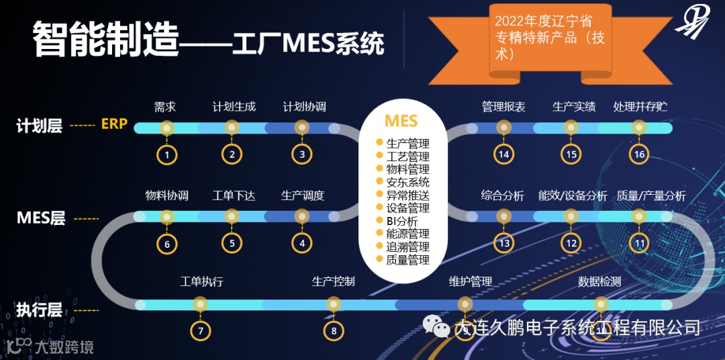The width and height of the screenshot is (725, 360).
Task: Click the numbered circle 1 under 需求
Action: click(x=166, y=155)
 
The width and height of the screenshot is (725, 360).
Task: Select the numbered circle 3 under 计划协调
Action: click(x=302, y=154)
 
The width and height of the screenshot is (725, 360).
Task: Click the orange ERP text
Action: click(x=114, y=124)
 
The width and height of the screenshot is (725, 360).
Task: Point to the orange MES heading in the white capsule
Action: click(x=401, y=121)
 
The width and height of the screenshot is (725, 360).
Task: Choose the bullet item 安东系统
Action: click(x=407, y=182)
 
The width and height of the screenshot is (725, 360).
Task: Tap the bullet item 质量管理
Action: click(x=407, y=260)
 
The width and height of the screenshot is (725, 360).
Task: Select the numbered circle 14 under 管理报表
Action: click(x=503, y=155)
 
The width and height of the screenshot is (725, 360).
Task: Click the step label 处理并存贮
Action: click(x=640, y=107)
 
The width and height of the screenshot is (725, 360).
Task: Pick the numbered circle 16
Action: click(x=639, y=155)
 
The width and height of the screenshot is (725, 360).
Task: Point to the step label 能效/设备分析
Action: click(x=573, y=196)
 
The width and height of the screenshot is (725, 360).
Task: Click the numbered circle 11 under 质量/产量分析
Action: click(x=639, y=243)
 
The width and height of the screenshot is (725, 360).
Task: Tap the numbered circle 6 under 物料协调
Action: click(x=167, y=244)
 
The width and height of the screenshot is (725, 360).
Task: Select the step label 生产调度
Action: click(x=302, y=196)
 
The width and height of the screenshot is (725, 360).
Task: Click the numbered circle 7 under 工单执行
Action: click(x=200, y=330)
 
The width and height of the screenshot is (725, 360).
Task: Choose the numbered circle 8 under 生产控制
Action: click(x=334, y=330)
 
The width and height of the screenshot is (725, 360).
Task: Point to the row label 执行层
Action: click(x=40, y=310)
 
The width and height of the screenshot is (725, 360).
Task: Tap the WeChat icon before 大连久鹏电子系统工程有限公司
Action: click(x=436, y=326)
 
